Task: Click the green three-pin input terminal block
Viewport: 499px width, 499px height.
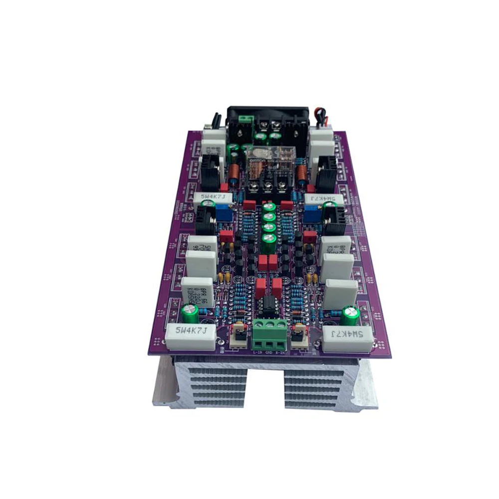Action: [270, 334]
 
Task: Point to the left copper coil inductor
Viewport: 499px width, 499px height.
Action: [232, 173]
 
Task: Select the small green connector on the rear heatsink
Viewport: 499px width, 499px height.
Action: [245, 120]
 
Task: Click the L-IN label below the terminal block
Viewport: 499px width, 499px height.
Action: [257, 352]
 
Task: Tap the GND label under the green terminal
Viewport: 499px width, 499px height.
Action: [270, 352]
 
